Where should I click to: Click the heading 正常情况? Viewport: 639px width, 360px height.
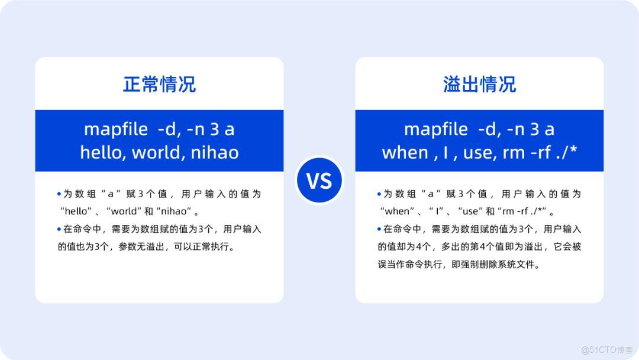coord(159,85)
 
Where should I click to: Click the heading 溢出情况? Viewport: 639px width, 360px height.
coord(479,85)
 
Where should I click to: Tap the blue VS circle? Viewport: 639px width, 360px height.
coord(319,180)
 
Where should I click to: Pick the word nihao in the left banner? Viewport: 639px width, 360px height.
coord(215,153)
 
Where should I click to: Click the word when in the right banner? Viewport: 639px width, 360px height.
coord(405,153)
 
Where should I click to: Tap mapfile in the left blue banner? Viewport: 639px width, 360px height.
coord(116,129)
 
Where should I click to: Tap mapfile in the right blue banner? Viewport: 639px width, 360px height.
coord(435,129)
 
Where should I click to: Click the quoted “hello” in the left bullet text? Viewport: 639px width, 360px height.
coord(76,211)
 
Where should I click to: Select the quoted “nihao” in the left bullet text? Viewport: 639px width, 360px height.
coord(173,211)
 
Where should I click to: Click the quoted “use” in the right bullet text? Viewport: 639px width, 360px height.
coord(470,211)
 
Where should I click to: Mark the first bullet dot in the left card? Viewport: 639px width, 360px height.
coord(59,194)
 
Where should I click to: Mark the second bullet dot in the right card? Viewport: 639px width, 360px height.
coord(379,229)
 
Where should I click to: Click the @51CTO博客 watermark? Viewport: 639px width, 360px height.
coord(607,350)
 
